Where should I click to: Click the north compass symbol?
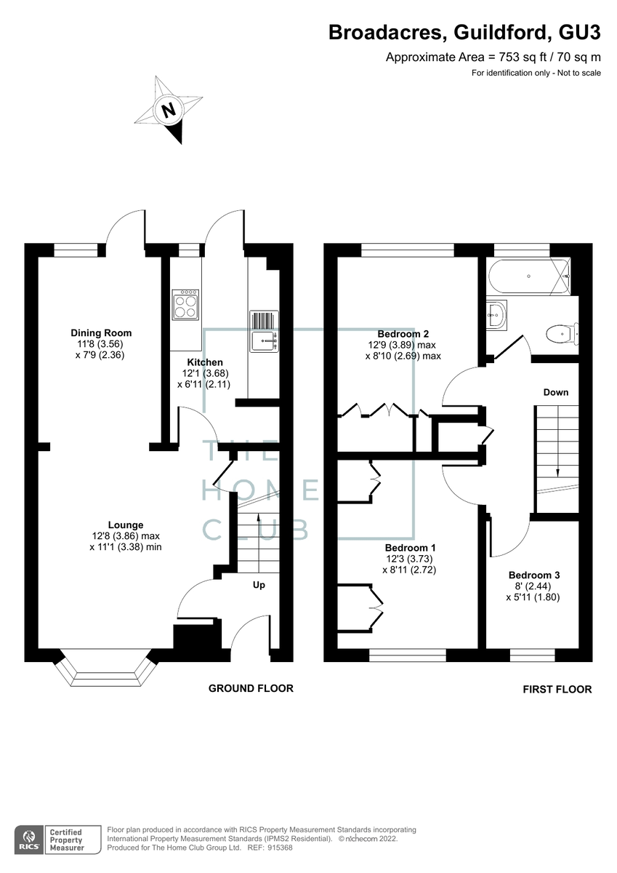coord(169,111)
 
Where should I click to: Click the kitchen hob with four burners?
coord(186,304)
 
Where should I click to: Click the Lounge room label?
coord(126,525)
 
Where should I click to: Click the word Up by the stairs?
coord(259,585)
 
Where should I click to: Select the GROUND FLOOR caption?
coord(251,688)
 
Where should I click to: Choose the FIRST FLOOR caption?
coord(557,689)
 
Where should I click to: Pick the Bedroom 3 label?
coord(533,575)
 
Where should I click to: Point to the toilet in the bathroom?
coord(560,334)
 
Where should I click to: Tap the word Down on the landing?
coord(556,393)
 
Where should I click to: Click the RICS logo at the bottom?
coord(28,837)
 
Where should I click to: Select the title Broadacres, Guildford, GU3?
coord(464,32)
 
